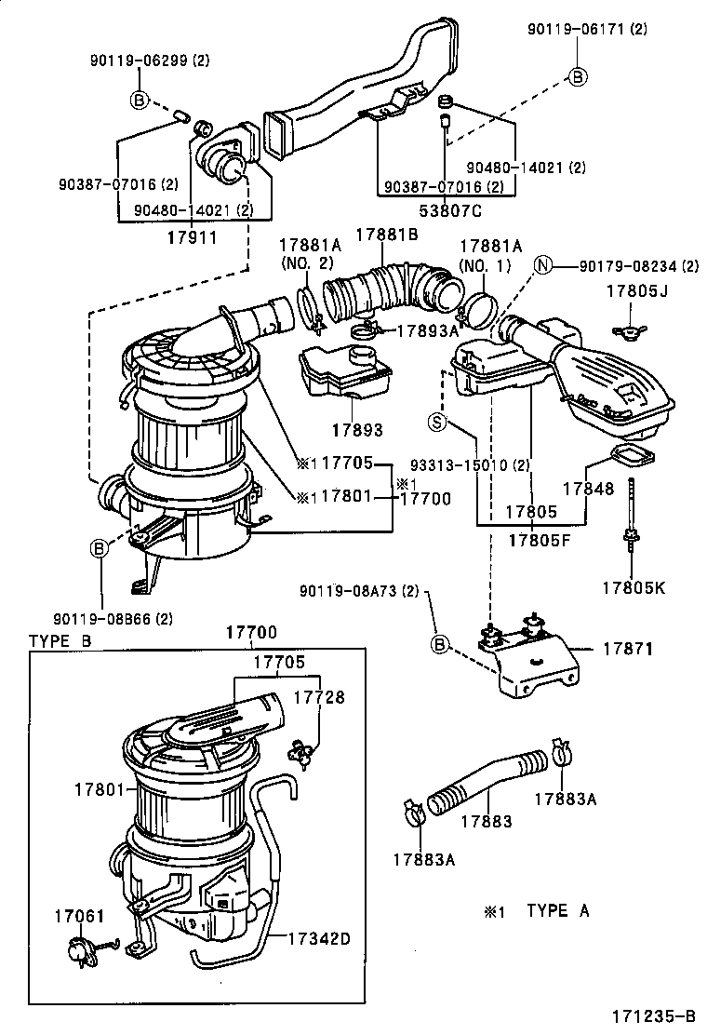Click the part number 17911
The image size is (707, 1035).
pyautogui.click(x=192, y=236)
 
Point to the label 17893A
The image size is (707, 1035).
pyautogui.click(x=429, y=330)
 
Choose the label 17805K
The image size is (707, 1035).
pyautogui.click(x=634, y=587)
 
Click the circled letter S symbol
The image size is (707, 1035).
pyautogui.click(x=437, y=423)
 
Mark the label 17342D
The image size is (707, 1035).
pyautogui.click(x=318, y=938)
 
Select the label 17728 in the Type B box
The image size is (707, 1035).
pyautogui.click(x=320, y=696)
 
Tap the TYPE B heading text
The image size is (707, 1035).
pyautogui.click(x=60, y=640)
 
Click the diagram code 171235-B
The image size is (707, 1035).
pyautogui.click(x=653, y=1015)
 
